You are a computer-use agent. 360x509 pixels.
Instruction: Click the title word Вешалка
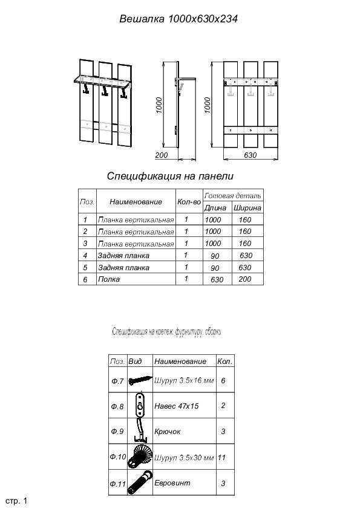(x=142, y=19)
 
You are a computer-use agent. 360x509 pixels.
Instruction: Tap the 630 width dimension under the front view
(x=250, y=155)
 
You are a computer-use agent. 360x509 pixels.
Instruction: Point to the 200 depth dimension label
(x=162, y=155)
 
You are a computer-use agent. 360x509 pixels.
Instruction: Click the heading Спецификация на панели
(x=170, y=177)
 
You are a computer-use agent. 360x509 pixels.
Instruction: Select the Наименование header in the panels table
(x=136, y=201)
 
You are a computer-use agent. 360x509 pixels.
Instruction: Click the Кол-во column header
(x=189, y=201)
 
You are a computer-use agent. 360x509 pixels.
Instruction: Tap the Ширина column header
(x=247, y=208)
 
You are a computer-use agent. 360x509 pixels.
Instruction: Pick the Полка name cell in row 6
(x=109, y=279)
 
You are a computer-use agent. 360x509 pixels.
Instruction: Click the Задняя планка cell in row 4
(x=123, y=256)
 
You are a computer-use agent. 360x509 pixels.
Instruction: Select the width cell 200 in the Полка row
(x=245, y=279)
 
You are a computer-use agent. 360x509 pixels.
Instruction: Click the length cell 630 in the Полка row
(x=217, y=280)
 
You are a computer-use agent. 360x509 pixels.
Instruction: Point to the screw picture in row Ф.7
(x=140, y=380)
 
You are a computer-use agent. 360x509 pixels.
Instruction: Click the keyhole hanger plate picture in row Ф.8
(x=140, y=405)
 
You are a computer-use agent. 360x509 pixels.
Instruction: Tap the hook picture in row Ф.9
(x=140, y=431)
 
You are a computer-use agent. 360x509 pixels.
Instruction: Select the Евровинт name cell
(x=172, y=483)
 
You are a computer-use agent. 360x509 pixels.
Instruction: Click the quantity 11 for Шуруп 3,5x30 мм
(x=221, y=458)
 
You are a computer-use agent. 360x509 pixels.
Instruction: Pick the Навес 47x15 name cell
(x=177, y=406)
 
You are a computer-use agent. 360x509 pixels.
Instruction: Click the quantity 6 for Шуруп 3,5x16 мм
(x=223, y=380)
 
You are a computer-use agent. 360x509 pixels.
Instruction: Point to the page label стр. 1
(x=16, y=501)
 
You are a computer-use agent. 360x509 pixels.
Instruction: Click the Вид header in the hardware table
(x=135, y=361)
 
